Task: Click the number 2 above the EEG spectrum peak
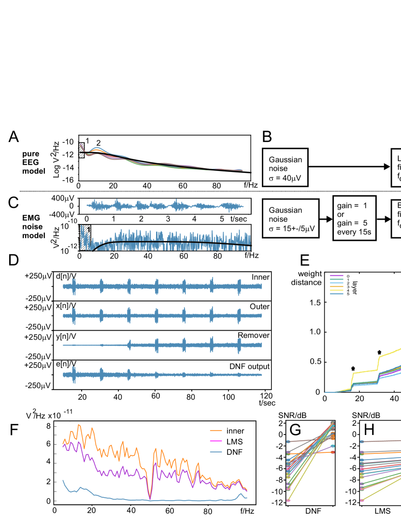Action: tap(98, 143)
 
